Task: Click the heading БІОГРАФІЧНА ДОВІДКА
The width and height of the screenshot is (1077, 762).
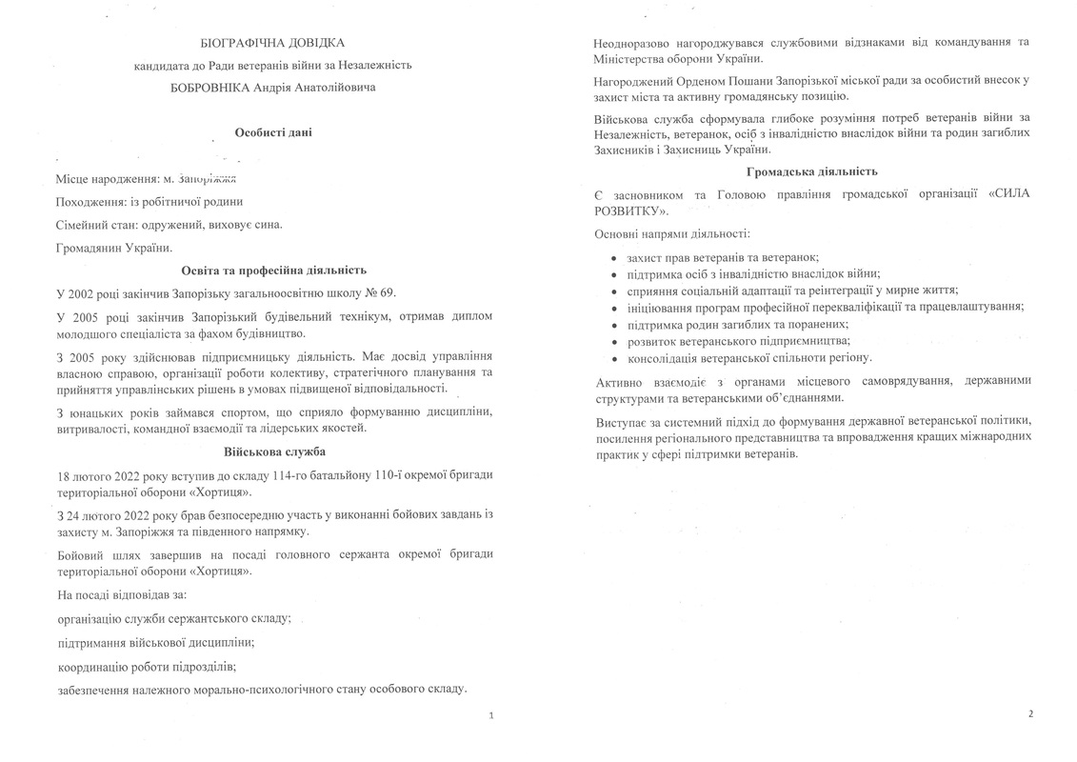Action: [x=273, y=43]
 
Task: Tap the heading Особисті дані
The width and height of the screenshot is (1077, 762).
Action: [x=273, y=132]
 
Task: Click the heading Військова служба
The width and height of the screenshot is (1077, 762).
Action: [x=273, y=451]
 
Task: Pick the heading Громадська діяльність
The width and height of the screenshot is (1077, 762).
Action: [x=812, y=171]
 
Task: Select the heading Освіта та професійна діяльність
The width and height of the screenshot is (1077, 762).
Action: [x=273, y=271]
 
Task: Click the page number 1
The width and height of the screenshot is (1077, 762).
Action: [x=490, y=714]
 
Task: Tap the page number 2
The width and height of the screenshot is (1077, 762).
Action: [x=1029, y=712]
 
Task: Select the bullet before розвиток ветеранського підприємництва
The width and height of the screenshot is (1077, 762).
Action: [x=614, y=341]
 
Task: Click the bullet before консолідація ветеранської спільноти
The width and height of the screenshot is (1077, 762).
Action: [x=614, y=358]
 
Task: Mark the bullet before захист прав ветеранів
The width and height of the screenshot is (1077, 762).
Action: [x=614, y=258]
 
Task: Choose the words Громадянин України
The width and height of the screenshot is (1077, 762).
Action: [x=115, y=248]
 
